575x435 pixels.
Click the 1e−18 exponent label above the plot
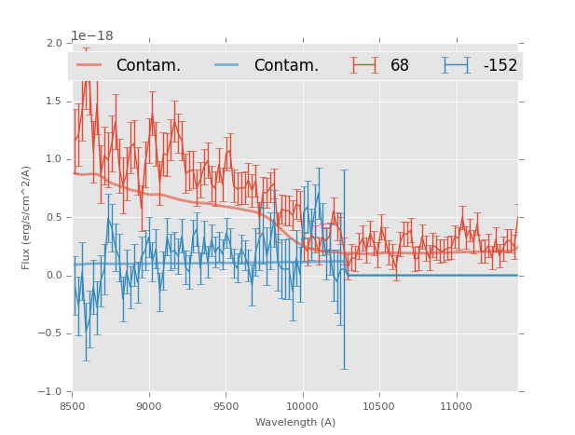point(92,36)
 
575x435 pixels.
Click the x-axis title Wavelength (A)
point(295,423)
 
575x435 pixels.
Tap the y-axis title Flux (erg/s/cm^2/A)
point(27,218)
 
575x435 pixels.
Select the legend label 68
point(399,66)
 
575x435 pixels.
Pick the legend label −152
point(500,66)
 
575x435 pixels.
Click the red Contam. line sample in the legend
point(89,65)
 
